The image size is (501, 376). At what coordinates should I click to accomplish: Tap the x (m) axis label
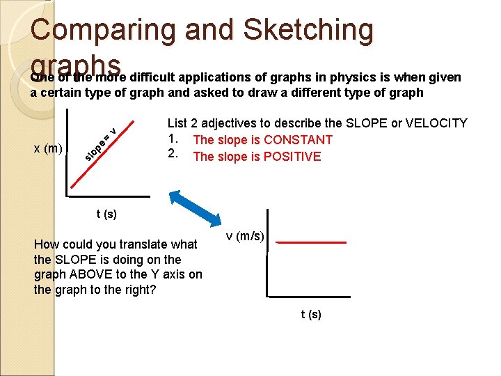[49, 148]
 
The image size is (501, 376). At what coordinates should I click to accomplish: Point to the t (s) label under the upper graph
[106, 214]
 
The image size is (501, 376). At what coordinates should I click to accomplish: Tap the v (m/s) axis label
[245, 237]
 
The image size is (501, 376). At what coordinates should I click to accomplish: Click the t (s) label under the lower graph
[311, 315]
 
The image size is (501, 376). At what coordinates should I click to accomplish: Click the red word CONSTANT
[298, 140]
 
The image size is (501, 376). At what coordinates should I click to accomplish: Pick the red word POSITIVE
[292, 157]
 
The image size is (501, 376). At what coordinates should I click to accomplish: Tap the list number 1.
[173, 139]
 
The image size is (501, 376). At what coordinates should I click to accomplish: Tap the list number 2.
[173, 156]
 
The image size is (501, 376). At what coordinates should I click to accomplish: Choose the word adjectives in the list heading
[229, 123]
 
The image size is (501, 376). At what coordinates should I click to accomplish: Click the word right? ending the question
[138, 290]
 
